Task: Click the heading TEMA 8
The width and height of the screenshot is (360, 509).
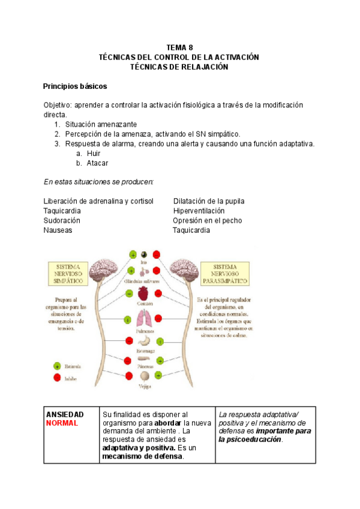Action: (x=179, y=47)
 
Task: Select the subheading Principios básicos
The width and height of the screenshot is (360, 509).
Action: (x=75, y=86)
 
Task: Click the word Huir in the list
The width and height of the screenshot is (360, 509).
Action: (x=93, y=154)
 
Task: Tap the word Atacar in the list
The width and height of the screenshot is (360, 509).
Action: (x=97, y=163)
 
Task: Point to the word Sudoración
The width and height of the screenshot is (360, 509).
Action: (x=62, y=220)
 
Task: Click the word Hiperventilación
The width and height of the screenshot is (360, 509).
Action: (x=199, y=211)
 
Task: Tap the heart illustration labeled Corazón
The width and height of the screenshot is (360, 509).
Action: (x=144, y=294)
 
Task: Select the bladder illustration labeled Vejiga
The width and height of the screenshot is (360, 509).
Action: (x=144, y=376)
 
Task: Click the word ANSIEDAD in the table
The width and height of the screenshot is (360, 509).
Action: (x=65, y=415)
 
